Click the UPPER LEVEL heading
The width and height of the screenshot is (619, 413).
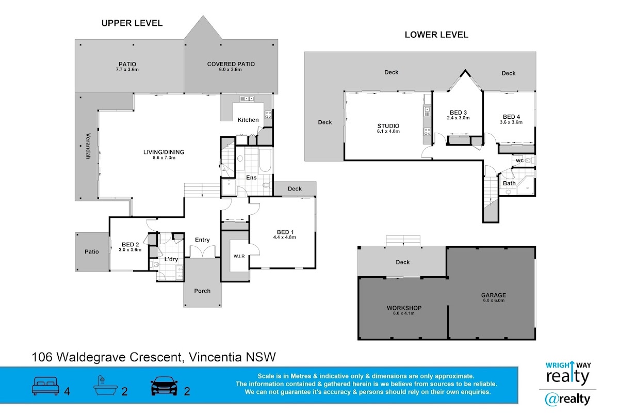coord(132,23)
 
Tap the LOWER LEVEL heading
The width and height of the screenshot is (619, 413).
coord(436,35)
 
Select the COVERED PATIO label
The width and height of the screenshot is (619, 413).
coord(231,64)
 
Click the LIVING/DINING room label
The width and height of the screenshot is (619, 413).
coord(164,152)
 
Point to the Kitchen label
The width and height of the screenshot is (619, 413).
coord(248,120)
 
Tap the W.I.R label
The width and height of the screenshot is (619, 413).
coord(238,256)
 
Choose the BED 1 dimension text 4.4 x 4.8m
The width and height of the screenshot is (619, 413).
coord(285,237)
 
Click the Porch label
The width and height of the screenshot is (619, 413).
coord(202,291)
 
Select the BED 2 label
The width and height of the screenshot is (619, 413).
coord(131,244)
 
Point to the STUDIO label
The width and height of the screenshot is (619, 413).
coord(388,125)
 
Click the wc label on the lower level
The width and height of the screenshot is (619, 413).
coord(519,161)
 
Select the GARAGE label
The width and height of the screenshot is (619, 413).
coord(494,295)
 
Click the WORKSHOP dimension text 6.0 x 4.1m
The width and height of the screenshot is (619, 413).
coord(404,314)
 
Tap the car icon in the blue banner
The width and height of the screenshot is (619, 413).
coord(164,386)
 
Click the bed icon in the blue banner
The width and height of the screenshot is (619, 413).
coord(46,386)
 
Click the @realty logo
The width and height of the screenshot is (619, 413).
coord(567,399)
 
